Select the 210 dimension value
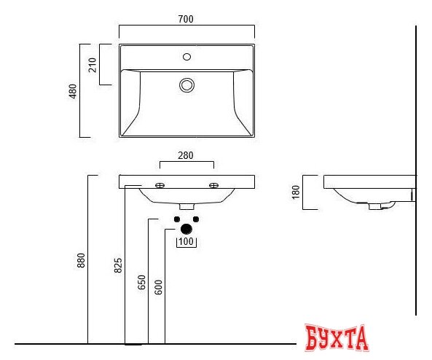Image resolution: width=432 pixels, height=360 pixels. point(93,65)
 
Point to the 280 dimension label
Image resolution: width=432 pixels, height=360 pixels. point(186,154)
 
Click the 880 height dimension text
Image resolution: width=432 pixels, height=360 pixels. point(81,260)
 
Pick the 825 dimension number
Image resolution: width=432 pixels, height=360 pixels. point(118,266)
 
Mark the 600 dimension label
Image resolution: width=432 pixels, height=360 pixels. point(158,287)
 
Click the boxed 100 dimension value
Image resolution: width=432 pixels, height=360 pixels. point(186,241)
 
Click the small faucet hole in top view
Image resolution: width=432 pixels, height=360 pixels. point(186,56)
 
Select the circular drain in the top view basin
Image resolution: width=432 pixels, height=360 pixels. point(187,85)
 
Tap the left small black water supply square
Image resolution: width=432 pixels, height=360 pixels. point(177,219)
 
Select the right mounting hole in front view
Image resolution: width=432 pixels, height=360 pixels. point(213,185)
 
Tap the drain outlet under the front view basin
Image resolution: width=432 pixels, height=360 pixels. point(186,207)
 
